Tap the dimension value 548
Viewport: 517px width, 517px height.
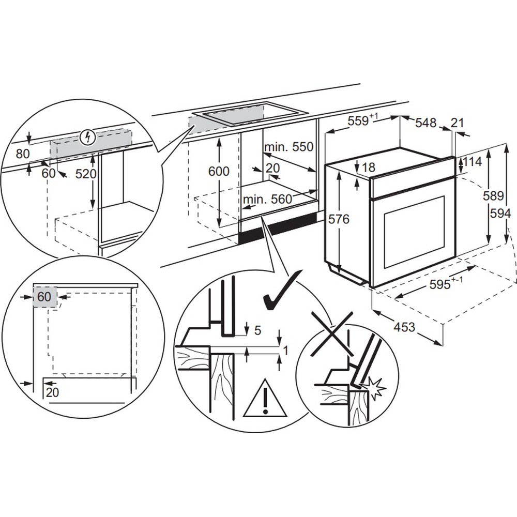click(425, 123)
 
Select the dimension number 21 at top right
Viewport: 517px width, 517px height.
click(457, 123)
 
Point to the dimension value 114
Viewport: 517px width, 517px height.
click(472, 162)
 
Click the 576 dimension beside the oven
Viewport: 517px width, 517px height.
click(339, 219)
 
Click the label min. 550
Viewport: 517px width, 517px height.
click(289, 147)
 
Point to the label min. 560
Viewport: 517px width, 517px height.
click(267, 199)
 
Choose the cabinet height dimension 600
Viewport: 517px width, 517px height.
click(219, 172)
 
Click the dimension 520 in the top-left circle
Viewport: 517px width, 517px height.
click(86, 174)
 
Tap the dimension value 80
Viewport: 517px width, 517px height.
click(23, 154)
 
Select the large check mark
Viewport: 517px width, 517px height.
click(281, 292)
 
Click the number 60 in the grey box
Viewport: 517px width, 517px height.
click(44, 297)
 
